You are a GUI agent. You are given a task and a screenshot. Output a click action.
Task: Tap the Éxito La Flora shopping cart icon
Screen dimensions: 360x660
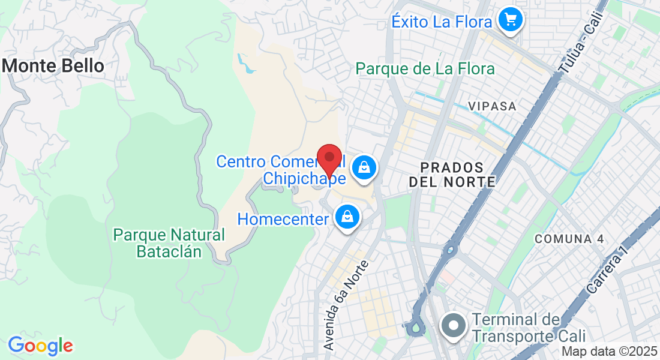[x=511, y=21]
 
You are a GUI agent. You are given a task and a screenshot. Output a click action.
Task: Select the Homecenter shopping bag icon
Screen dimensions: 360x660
[x=347, y=217]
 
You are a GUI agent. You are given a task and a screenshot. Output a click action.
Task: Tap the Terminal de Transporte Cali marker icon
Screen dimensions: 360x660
[x=454, y=327]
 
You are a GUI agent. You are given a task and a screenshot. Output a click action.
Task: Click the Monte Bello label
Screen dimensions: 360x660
[x=54, y=65]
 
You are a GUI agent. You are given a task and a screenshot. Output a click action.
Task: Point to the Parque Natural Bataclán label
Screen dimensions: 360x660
[x=169, y=243]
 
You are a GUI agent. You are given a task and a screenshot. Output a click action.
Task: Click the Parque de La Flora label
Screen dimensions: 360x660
[x=425, y=69]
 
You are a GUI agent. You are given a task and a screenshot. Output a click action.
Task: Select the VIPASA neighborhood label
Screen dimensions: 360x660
[x=492, y=106]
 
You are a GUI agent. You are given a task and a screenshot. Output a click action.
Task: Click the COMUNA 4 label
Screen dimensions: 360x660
[x=569, y=239]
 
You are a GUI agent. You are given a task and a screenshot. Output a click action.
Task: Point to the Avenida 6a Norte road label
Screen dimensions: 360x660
[x=346, y=305]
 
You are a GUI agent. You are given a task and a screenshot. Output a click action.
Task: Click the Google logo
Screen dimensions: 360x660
[x=40, y=346]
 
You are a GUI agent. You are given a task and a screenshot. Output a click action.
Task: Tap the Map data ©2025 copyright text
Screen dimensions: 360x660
[x=610, y=352]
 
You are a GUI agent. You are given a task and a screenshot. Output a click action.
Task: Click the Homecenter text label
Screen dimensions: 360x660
[x=283, y=218]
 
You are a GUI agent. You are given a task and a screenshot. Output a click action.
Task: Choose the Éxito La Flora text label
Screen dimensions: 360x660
[x=442, y=22]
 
